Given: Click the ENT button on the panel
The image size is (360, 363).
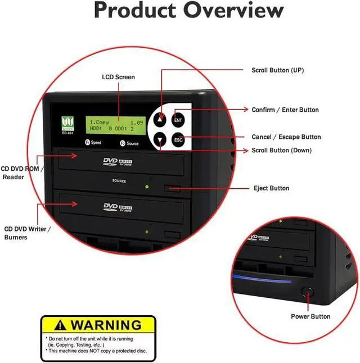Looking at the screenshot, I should click(178, 120).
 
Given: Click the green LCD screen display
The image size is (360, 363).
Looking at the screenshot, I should click(118, 125).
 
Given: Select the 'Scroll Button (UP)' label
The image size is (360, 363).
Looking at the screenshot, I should click(277, 70).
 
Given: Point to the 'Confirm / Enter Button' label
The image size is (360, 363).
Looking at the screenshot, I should click(285, 110).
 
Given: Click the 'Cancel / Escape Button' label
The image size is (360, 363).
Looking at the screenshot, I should click(286, 137).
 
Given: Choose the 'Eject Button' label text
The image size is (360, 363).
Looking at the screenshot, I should click(271, 188).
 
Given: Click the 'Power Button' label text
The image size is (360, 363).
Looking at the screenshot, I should click(310, 316).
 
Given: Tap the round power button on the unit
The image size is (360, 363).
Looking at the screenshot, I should click(307, 292).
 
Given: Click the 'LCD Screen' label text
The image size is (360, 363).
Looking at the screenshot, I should click(118, 77).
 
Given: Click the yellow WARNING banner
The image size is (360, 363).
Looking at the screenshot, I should click(98, 324).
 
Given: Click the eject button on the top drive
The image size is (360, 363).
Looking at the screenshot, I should click(172, 188).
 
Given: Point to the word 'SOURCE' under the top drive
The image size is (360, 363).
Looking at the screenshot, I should click(119, 181).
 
